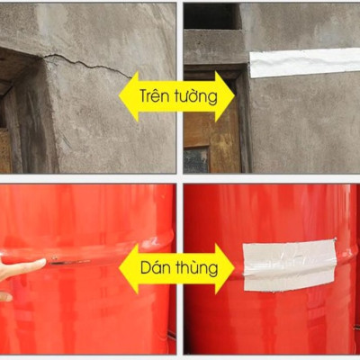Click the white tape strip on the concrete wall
click(x=302, y=62)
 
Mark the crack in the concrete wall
click(x=81, y=63)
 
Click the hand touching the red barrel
click(x=20, y=268)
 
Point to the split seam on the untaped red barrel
click(x=72, y=262)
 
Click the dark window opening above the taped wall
click(x=212, y=16)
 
